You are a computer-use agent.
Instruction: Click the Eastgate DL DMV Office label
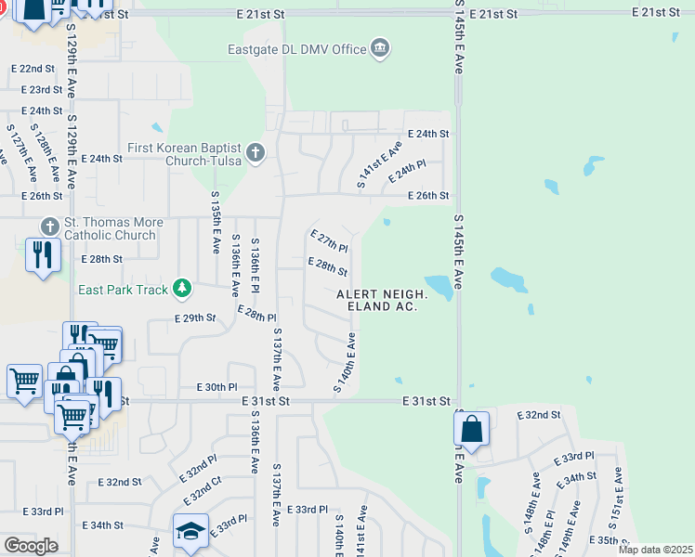click(296, 48)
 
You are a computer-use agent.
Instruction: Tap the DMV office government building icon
click(379, 48)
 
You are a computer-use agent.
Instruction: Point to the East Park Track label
click(124, 290)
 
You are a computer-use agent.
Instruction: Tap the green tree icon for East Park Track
click(183, 290)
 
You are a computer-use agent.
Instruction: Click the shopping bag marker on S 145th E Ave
click(472, 429)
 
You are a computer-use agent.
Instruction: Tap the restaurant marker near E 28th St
click(43, 255)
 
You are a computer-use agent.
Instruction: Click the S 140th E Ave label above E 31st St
click(345, 363)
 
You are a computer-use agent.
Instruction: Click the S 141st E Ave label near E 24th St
click(381, 165)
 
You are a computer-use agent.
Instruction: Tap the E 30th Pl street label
click(217, 387)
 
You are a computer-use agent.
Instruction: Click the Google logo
click(31, 546)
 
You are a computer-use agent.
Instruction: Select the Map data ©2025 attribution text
click(656, 550)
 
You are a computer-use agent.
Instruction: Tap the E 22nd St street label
click(34, 69)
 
